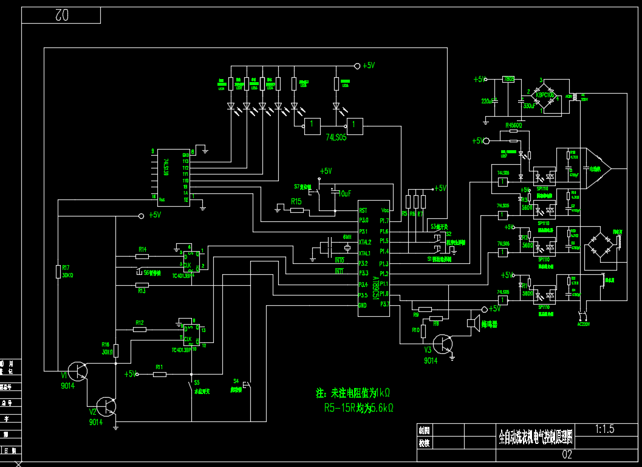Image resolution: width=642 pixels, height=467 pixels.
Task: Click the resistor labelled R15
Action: tap(297, 210)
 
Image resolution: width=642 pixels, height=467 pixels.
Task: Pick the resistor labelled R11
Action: tap(160, 374)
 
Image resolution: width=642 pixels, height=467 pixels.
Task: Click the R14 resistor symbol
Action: tap(142, 256)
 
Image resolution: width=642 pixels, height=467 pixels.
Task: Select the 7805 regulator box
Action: tap(509, 79)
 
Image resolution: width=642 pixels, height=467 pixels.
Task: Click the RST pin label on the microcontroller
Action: tap(363, 210)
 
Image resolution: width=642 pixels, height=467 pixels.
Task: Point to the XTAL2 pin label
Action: tap(364, 242)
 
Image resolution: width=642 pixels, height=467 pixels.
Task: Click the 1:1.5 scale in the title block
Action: tap(605, 429)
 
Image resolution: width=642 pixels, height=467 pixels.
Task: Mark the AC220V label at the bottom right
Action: tap(582, 324)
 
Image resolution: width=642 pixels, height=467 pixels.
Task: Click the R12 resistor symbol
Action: tap(140, 329)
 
